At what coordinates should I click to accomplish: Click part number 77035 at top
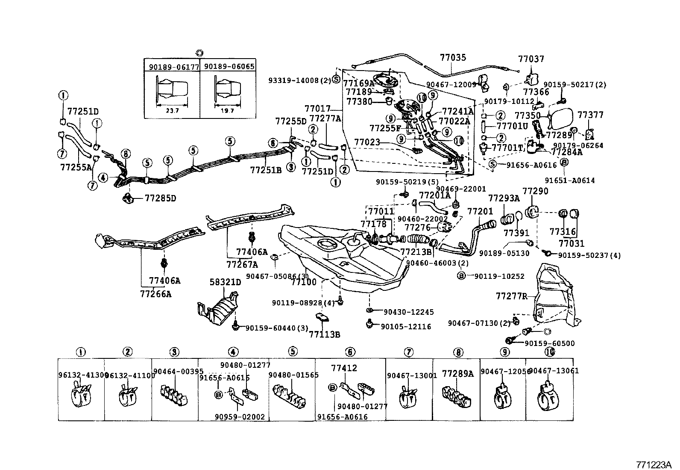click(x=453, y=57)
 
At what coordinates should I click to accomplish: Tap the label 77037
click(x=531, y=59)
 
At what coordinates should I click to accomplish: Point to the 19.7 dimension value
click(x=228, y=111)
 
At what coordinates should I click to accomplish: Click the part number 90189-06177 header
click(x=171, y=66)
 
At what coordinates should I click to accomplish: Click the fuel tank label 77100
click(x=304, y=282)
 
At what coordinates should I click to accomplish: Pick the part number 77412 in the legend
click(x=344, y=368)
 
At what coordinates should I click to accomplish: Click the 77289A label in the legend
click(x=458, y=373)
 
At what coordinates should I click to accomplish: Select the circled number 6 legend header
click(x=350, y=352)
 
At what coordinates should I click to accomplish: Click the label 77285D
click(x=160, y=198)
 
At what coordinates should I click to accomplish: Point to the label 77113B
click(x=325, y=334)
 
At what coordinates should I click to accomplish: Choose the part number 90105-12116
click(x=406, y=327)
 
